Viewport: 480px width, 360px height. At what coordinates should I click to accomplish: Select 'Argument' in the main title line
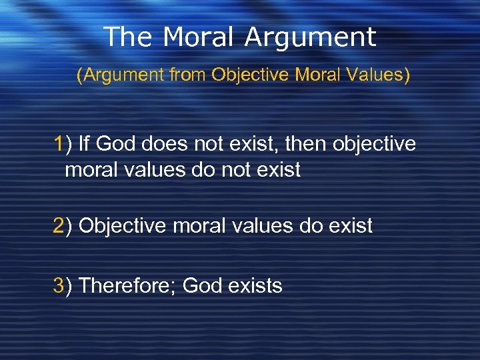(x=310, y=38)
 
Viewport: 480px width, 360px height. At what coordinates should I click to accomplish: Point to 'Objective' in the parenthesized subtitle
(x=251, y=76)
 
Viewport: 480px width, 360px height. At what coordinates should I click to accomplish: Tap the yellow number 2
(x=60, y=226)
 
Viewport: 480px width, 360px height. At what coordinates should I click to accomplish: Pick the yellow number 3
(x=60, y=286)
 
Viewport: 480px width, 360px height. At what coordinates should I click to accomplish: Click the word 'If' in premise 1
(x=85, y=143)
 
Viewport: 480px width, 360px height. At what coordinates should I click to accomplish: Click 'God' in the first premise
(x=118, y=143)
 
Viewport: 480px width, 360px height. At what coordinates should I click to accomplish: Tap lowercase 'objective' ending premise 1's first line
(x=378, y=144)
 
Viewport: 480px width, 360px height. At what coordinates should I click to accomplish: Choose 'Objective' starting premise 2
(x=123, y=227)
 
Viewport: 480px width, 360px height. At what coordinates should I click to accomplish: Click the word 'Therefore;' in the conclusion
(x=127, y=286)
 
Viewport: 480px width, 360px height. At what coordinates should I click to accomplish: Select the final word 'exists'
(x=255, y=286)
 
